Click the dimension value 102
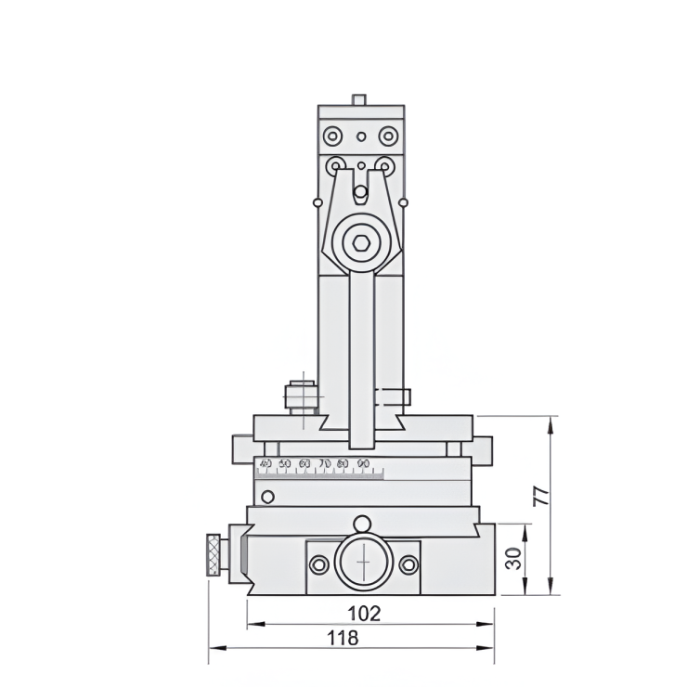tap(364, 613)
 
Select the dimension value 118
tap(343, 638)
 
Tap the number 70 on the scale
tap(324, 462)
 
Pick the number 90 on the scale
tap(363, 462)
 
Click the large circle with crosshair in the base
tap(362, 564)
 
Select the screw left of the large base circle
tap(319, 564)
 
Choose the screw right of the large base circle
tap(407, 564)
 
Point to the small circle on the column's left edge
tap(318, 202)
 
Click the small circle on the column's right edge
tap(404, 202)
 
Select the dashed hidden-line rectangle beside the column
tap(393, 396)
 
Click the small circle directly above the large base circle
tap(362, 523)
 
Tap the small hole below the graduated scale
tap(267, 497)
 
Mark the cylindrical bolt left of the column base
tap(301, 395)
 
